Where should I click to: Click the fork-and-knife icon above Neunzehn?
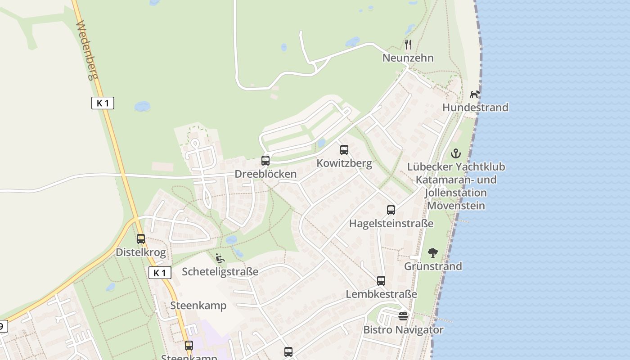408,44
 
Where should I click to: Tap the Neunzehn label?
408,58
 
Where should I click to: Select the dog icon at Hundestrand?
475,94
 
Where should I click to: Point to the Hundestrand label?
475,108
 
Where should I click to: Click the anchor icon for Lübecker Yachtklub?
456,153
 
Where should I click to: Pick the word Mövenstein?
456,206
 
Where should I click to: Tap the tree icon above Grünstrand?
433,252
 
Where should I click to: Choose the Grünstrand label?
433,266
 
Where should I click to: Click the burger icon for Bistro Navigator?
403,316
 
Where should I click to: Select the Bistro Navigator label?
403,330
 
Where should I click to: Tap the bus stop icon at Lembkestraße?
381,281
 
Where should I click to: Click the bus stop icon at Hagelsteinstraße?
391,210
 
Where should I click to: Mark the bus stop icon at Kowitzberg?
344,150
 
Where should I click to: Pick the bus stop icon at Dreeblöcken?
265,161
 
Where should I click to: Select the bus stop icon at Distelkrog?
141,239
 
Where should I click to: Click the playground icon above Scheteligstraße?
220,258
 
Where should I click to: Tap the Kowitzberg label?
344,163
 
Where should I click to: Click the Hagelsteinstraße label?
391,224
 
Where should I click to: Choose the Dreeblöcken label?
265,174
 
